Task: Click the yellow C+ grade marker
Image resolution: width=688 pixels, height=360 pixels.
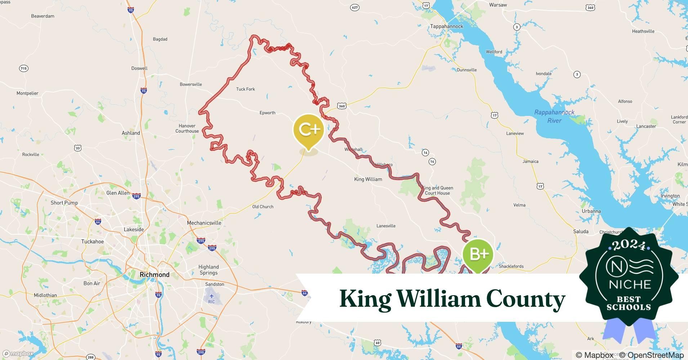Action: (x=309, y=130)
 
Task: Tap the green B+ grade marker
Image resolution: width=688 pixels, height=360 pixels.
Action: (x=478, y=254)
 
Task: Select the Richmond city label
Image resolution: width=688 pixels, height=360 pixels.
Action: (x=155, y=275)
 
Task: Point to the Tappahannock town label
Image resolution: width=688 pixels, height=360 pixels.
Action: (x=447, y=26)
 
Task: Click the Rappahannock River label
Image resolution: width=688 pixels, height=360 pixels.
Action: (x=554, y=116)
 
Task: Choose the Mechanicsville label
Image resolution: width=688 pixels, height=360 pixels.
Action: (x=204, y=223)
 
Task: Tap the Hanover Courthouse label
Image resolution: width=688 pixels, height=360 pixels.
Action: (x=187, y=129)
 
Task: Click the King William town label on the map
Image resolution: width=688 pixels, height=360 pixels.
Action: (x=368, y=179)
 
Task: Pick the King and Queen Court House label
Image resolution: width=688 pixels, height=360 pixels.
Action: (x=437, y=190)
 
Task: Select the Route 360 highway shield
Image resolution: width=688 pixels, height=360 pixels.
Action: (x=342, y=106)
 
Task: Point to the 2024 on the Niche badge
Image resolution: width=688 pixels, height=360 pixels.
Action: (x=629, y=245)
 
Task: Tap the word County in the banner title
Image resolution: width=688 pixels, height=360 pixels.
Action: (x=526, y=299)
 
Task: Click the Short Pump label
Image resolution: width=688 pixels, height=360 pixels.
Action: (x=64, y=203)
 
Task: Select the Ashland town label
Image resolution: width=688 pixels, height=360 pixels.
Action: (x=131, y=133)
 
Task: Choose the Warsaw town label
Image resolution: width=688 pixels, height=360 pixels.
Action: (x=498, y=5)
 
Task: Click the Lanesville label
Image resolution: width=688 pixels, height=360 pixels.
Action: (x=386, y=226)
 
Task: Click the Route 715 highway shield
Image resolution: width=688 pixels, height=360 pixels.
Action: (x=23, y=68)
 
